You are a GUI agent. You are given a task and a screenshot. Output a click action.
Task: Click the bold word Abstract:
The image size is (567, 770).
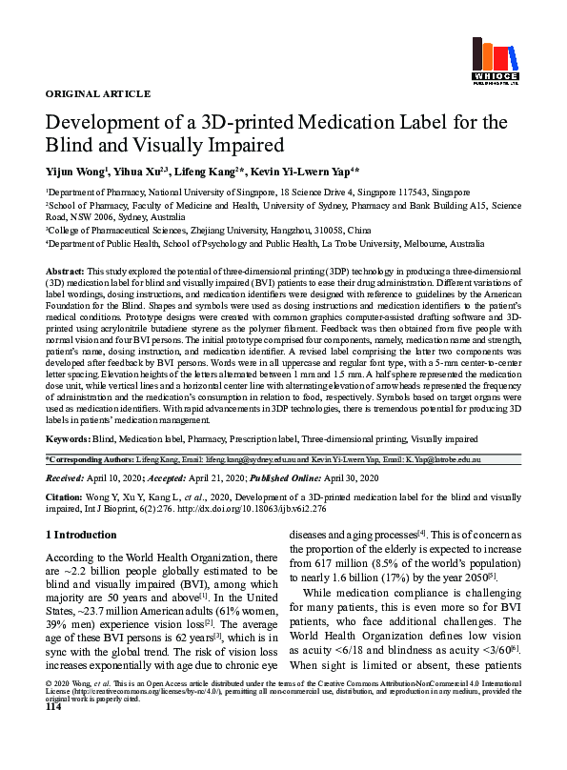65,272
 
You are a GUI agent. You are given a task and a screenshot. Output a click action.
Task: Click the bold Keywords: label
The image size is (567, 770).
68,439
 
